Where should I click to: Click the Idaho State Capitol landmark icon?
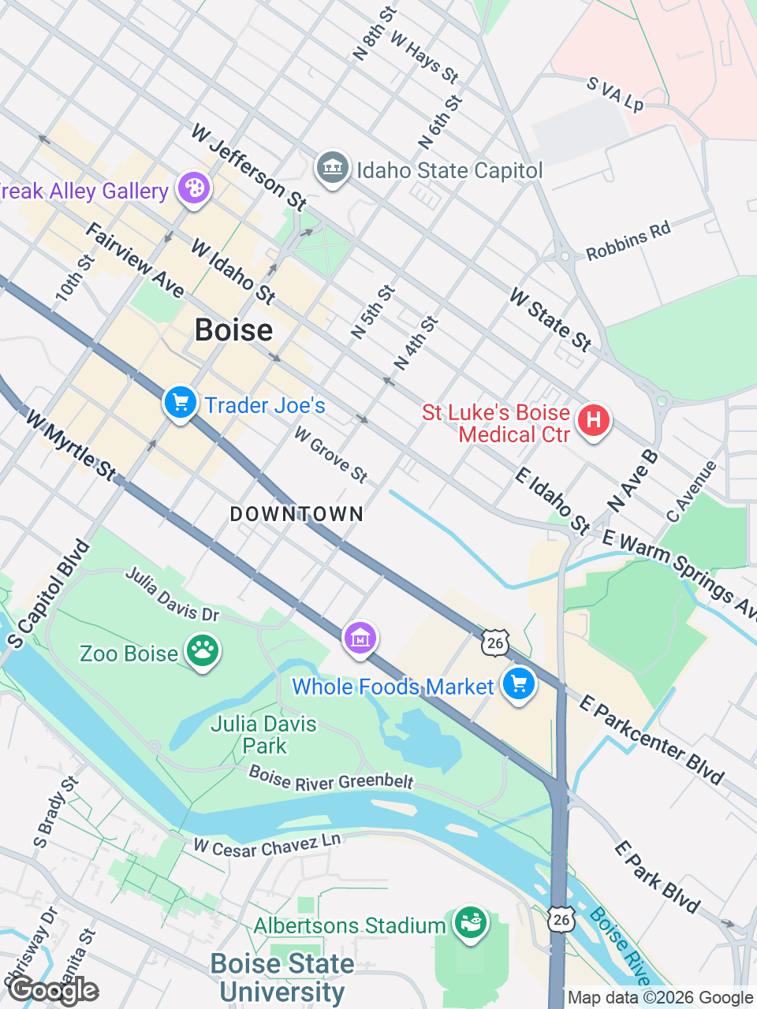332,168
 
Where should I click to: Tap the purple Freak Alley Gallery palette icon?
193,189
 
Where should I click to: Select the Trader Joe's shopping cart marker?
180,403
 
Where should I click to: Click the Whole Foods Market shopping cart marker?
518,684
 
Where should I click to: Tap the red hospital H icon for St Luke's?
593,420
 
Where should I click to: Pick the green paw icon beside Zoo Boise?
203,651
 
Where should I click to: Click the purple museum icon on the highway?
360,638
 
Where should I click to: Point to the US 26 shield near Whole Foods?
494,642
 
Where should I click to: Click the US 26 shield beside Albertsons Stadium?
561,918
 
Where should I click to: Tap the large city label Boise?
233,330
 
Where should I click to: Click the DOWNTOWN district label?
296,514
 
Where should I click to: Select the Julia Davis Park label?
263,735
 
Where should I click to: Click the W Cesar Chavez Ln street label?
267,846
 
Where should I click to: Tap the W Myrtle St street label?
71,445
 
